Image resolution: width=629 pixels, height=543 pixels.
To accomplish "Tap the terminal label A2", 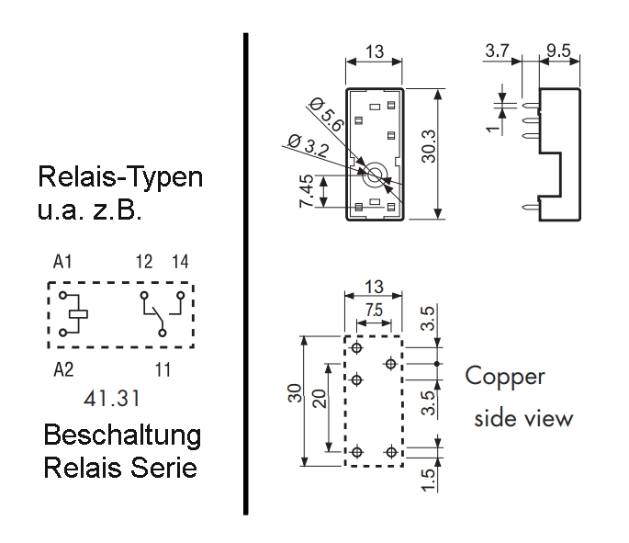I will coord(62,369).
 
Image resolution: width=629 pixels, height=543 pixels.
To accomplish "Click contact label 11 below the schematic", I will coord(163,369).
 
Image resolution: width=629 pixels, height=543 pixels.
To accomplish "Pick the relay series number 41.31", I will coord(110,401).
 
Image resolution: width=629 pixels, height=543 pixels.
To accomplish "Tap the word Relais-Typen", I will coord(119,177).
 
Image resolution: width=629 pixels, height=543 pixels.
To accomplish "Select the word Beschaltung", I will coord(123,435).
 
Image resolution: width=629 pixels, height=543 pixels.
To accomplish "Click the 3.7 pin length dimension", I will coord(500,53).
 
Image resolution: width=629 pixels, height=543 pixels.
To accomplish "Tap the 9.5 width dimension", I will coord(557,53).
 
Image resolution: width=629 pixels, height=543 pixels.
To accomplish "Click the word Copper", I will coord(505,377).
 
